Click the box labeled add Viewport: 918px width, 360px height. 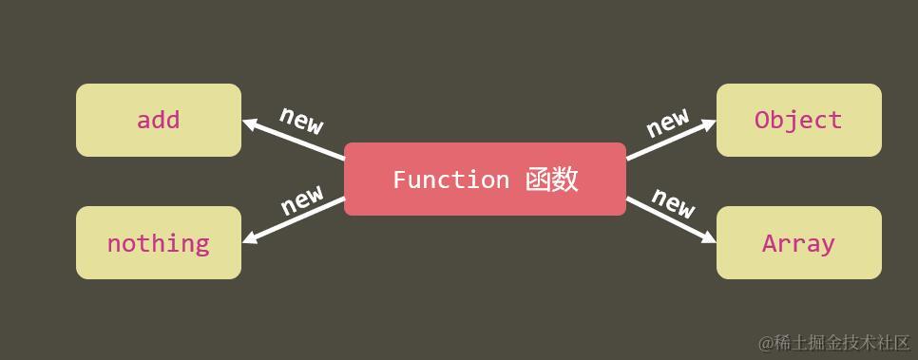click(159, 120)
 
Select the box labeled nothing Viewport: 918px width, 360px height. click(159, 243)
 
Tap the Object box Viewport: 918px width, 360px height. click(798, 120)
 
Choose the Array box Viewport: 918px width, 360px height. click(798, 243)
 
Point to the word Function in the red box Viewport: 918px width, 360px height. click(450, 180)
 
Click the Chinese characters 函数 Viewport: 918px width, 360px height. click(552, 180)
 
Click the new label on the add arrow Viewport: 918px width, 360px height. click(301, 120)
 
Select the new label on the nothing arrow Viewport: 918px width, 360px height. click(302, 199)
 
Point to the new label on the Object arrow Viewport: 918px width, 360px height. click(668, 121)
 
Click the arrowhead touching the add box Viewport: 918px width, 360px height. click(250, 123)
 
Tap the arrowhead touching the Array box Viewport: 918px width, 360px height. click(708, 238)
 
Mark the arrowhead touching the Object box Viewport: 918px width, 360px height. click(708, 123)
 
